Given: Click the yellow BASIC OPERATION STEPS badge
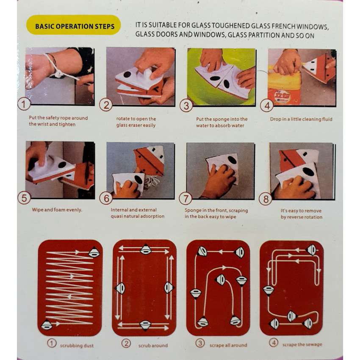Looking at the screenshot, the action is pyautogui.click(x=73, y=25).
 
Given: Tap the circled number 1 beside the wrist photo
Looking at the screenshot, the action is pyautogui.click(x=24, y=104).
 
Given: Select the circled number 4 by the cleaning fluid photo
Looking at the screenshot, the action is pyautogui.click(x=266, y=105).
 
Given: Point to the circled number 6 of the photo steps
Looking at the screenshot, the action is pyautogui.click(x=106, y=198).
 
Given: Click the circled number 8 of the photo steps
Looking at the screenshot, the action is pyautogui.click(x=266, y=199).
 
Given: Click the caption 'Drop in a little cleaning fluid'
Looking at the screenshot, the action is pyautogui.click(x=301, y=119).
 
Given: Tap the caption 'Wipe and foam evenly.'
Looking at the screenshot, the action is pyautogui.click(x=57, y=210).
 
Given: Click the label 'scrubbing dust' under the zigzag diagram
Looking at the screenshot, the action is pyautogui.click(x=77, y=346).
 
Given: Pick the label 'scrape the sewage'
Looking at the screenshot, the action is pyautogui.click(x=302, y=344).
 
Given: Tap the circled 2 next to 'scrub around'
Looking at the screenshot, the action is pyautogui.click(x=126, y=344).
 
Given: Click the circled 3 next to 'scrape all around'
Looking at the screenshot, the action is pyautogui.click(x=200, y=343).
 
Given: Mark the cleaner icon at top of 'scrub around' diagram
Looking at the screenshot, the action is pyautogui.click(x=146, y=249).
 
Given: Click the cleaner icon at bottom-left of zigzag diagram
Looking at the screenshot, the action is pyautogui.click(x=47, y=325).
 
